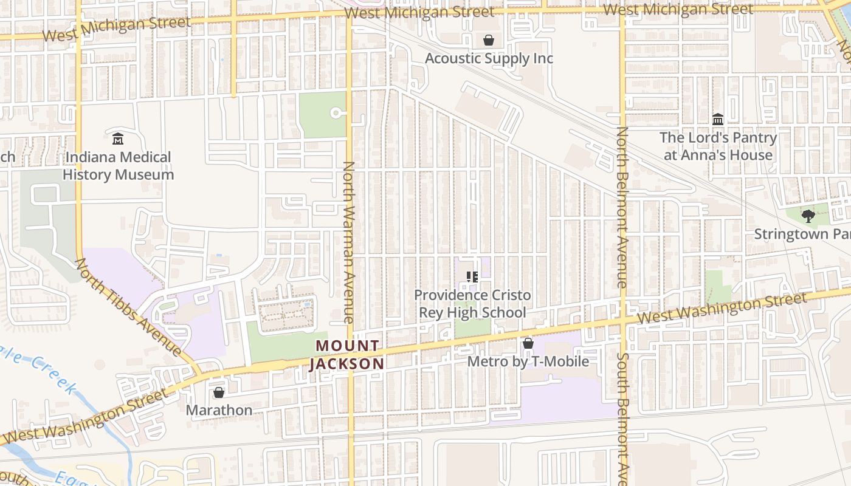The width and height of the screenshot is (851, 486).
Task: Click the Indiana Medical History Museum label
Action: click(x=118, y=166)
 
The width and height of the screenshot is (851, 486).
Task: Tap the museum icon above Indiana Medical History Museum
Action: click(x=118, y=139)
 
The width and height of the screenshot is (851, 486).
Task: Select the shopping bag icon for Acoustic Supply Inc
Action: click(x=488, y=40)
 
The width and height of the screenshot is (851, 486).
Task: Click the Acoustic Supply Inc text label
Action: click(x=489, y=58)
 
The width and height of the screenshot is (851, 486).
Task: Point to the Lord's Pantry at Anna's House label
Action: click(x=718, y=146)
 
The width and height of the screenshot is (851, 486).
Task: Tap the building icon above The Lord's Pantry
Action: click(x=718, y=119)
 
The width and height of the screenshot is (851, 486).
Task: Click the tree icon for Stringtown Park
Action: click(x=808, y=216)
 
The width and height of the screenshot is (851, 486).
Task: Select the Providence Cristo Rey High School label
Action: click(x=472, y=304)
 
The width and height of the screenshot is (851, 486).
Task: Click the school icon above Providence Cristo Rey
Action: click(x=472, y=277)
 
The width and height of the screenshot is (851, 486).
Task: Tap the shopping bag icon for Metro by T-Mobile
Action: click(x=528, y=343)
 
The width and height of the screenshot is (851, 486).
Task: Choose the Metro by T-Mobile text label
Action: click(x=528, y=361)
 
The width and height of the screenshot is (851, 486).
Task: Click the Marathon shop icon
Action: click(x=219, y=392)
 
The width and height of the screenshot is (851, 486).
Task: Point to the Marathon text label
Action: click(x=219, y=410)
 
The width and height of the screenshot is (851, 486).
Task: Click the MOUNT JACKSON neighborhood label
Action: click(x=348, y=355)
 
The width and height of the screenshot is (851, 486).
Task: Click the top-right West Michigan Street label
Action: click(x=678, y=9)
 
